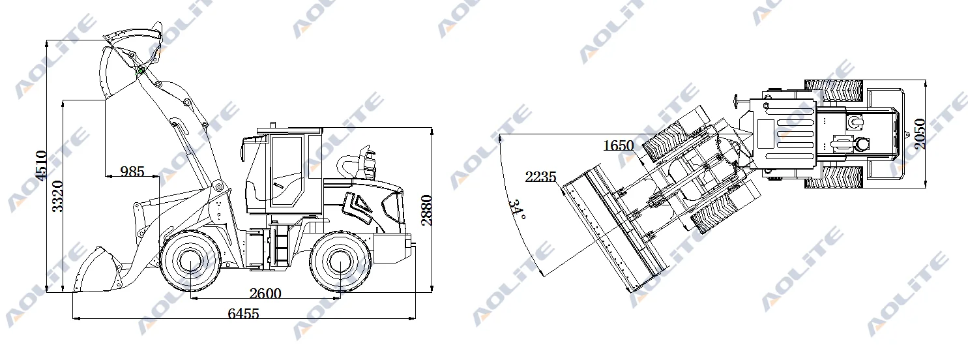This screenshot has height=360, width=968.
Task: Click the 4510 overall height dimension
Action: click(x=41, y=166)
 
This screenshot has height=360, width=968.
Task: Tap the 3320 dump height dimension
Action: click(x=57, y=196)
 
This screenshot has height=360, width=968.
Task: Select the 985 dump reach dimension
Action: click(x=132, y=172)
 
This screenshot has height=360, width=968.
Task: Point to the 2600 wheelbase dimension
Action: click(x=265, y=293)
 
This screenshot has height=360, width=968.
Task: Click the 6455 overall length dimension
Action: click(x=243, y=313)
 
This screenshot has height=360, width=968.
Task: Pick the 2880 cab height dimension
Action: click(x=426, y=210)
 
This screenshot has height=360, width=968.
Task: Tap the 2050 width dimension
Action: click(x=920, y=134)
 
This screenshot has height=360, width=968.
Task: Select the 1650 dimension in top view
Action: click(x=619, y=145)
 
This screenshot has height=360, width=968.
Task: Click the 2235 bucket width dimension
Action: click(x=540, y=177)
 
